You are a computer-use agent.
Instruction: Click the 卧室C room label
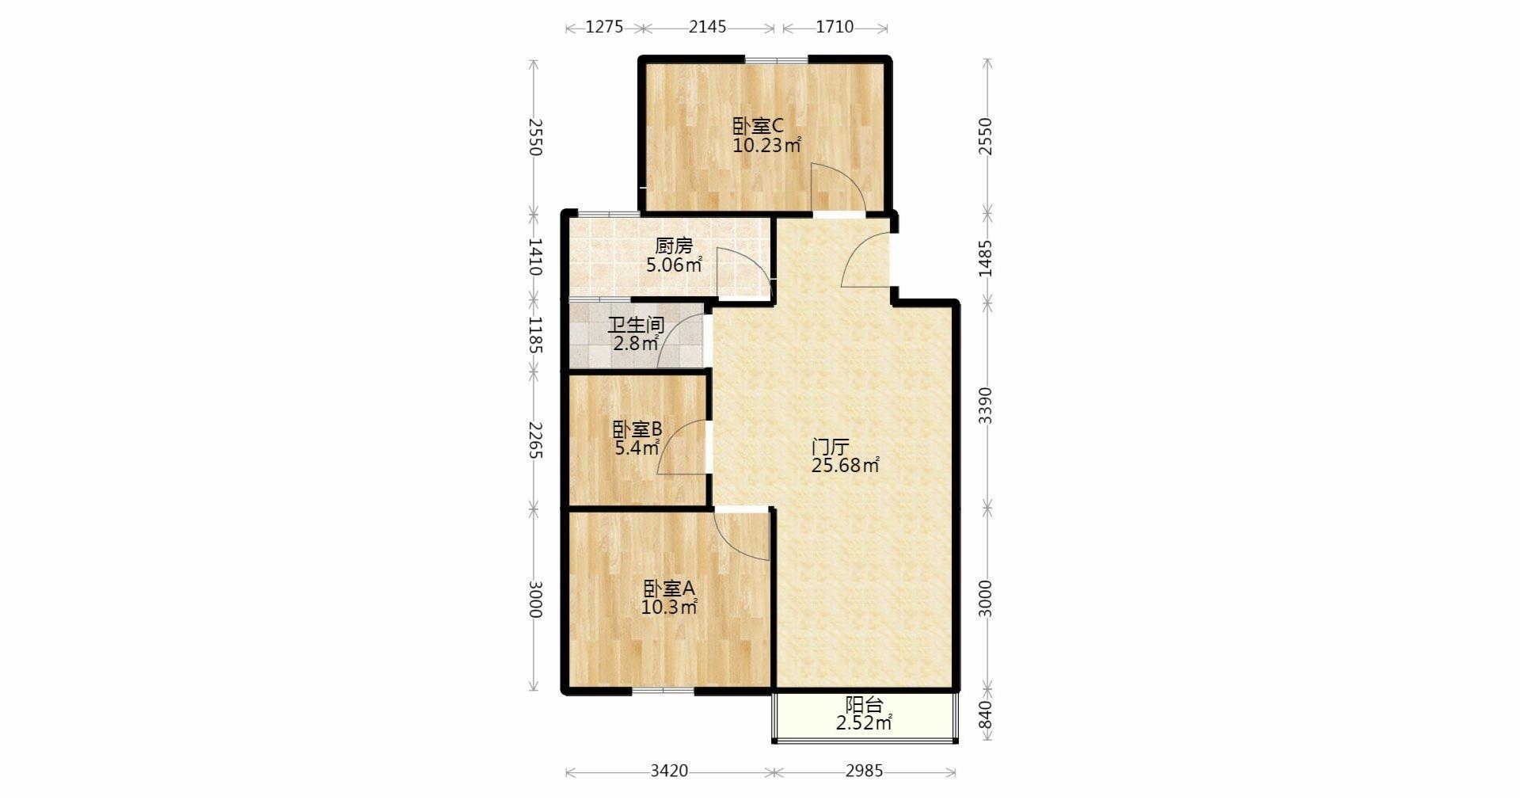[x=758, y=126]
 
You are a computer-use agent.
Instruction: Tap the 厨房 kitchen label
[x=674, y=246]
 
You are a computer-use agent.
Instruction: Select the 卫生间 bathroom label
[x=636, y=325]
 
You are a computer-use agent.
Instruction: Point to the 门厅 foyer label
[x=830, y=446]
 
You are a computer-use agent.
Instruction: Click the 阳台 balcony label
[x=864, y=704]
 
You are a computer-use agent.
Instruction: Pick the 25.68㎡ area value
[x=845, y=465]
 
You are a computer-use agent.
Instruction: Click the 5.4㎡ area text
[x=637, y=448]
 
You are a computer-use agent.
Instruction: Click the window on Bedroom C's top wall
[x=776, y=59]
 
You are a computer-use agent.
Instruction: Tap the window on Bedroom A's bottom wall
[x=664, y=691]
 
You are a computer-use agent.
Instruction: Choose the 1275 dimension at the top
[x=604, y=28]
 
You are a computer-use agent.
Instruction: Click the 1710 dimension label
[x=835, y=27]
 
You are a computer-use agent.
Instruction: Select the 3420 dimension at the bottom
[x=669, y=771]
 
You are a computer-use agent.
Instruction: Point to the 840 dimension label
[x=985, y=716]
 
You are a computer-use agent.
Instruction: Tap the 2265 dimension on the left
[x=534, y=440]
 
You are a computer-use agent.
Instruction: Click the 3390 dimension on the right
[x=985, y=406]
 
